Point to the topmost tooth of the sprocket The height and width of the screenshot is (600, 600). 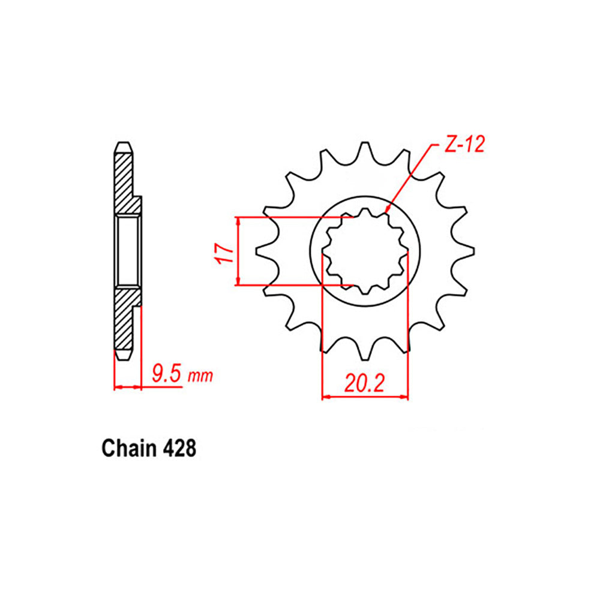click(364, 149)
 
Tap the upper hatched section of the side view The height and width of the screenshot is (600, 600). click(124, 180)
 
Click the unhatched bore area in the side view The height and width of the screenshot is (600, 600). click(128, 250)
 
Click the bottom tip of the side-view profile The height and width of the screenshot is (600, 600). click(122, 359)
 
